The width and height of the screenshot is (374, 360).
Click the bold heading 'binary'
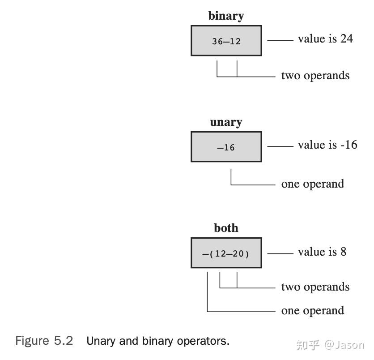click(x=226, y=16)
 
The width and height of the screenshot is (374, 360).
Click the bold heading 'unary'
click(x=226, y=122)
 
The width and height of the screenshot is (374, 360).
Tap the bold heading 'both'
click(x=226, y=228)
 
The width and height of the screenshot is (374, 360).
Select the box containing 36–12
click(x=226, y=41)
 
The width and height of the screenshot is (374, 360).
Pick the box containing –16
click(x=226, y=147)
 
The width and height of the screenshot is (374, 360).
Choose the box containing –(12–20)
click(x=226, y=253)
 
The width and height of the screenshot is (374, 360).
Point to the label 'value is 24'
click(x=325, y=39)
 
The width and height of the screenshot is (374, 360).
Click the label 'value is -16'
click(x=327, y=145)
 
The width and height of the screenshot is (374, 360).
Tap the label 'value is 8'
click(x=322, y=252)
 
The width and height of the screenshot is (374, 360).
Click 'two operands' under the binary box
click(x=315, y=76)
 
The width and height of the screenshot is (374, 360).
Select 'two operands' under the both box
click(x=315, y=287)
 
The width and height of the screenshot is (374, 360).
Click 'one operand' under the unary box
click(x=313, y=184)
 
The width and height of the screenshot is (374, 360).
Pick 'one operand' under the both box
click(x=313, y=311)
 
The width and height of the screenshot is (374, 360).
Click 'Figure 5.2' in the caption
click(x=44, y=341)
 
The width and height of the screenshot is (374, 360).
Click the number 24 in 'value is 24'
click(x=347, y=39)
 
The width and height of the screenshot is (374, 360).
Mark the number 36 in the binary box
click(x=217, y=42)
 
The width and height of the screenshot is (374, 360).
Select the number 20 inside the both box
click(x=238, y=254)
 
